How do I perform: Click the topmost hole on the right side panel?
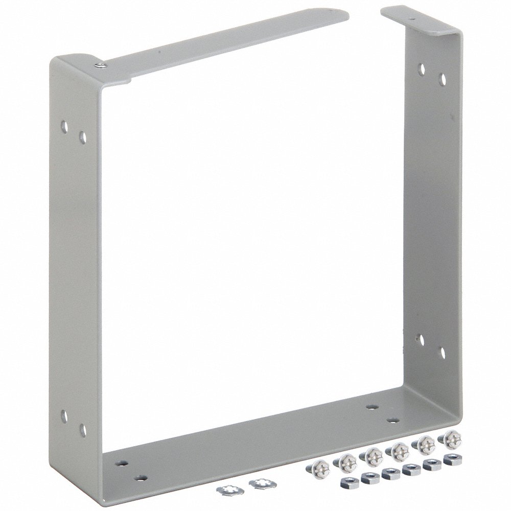click(x=423, y=67)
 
